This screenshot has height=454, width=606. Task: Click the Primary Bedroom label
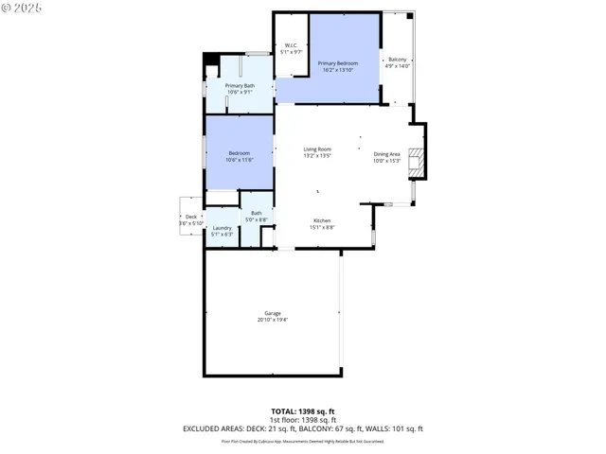coord(337,63)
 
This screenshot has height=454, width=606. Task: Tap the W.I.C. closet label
coord(291,46)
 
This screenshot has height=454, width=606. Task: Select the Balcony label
coord(398,60)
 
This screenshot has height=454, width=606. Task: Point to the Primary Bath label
coord(239,86)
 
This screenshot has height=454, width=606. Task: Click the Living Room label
coord(316,149)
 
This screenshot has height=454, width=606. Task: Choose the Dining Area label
coord(386,154)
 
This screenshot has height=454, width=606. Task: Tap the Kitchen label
coord(322,220)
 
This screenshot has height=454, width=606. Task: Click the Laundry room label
coord(223,228)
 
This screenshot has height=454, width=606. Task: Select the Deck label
coord(191,217)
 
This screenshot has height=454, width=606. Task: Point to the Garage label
coord(273,313)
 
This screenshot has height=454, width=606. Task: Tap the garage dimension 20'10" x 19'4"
coord(273,321)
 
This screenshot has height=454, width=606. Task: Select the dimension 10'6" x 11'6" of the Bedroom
coord(240,160)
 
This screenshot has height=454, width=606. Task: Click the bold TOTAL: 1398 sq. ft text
coord(303,410)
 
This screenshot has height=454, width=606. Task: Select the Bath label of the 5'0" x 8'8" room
coord(257,213)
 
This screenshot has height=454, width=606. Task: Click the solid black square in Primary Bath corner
coord(210,61)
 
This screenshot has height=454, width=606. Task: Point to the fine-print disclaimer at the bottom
coord(303,441)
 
